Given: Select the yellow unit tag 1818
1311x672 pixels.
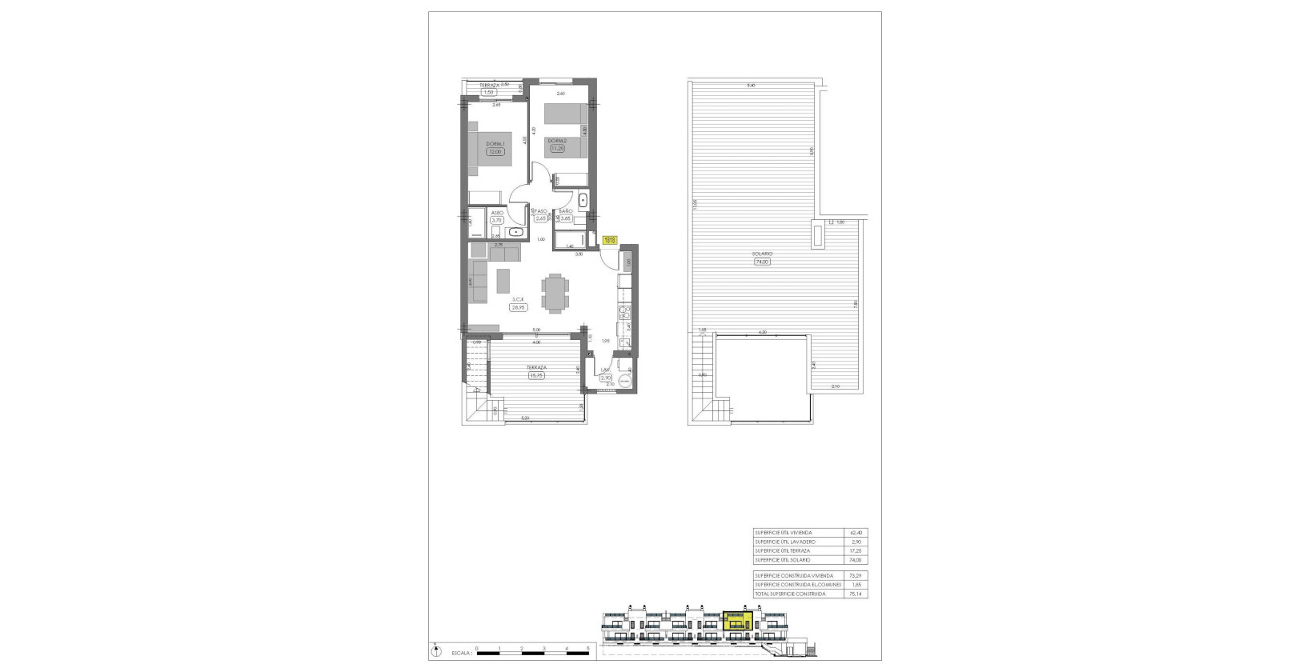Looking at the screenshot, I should pyautogui.click(x=610, y=239).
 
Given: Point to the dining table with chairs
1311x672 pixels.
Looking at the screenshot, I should pyautogui.click(x=555, y=292).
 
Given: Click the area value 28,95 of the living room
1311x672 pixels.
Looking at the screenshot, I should pyautogui.click(x=519, y=306).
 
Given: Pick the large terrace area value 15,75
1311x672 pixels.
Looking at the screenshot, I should pyautogui.click(x=535, y=375).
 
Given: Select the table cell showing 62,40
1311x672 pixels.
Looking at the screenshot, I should pyautogui.click(x=857, y=533).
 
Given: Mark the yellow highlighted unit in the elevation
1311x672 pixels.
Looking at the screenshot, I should pyautogui.click(x=737, y=622).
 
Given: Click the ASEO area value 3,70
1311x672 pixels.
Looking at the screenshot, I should pyautogui.click(x=496, y=220).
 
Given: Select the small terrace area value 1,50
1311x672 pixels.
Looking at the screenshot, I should pyautogui.click(x=490, y=92).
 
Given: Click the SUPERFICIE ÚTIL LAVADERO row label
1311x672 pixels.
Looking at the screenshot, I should pyautogui.click(x=784, y=542).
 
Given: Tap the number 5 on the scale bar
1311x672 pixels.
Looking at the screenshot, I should pyautogui.click(x=587, y=649).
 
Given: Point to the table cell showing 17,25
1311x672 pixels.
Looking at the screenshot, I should pyautogui.click(x=857, y=551).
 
